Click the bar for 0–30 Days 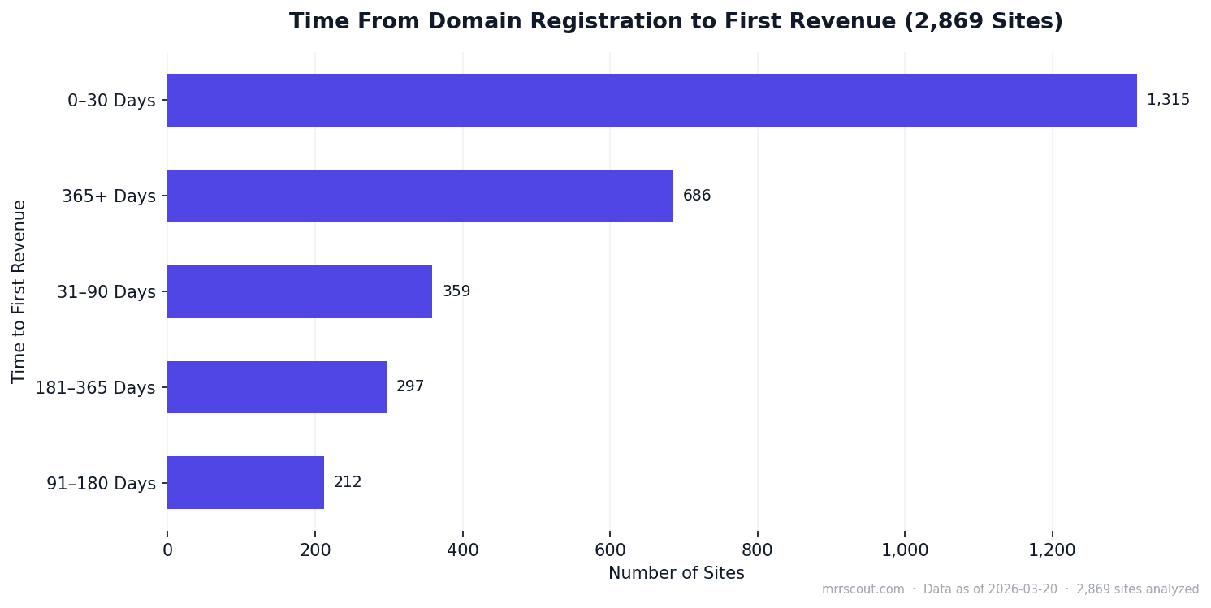click(651, 101)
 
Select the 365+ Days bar click(420, 196)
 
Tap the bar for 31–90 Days click(299, 291)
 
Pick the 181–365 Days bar click(276, 387)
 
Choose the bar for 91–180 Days click(245, 482)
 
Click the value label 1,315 click(1167, 101)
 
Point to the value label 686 click(696, 196)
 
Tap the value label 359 click(456, 291)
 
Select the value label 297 click(409, 387)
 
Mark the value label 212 click(348, 482)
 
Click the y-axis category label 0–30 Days click(111, 101)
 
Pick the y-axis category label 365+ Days click(108, 196)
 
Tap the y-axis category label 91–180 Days click(101, 484)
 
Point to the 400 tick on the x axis click(462, 550)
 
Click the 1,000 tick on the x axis click(905, 550)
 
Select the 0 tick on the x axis click(167, 550)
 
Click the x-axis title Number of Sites click(676, 574)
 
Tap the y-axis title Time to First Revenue click(19, 291)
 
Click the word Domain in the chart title click(480, 22)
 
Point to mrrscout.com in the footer click(863, 589)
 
